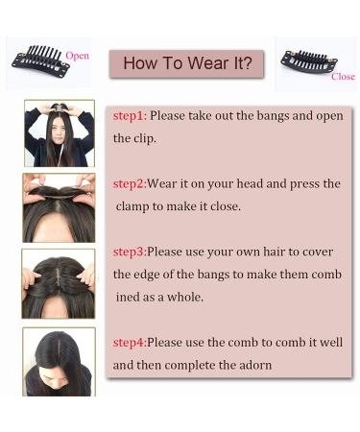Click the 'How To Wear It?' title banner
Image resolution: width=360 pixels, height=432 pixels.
(187, 64)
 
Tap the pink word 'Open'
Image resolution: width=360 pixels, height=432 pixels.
(78, 56)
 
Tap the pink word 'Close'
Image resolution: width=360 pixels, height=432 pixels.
(343, 77)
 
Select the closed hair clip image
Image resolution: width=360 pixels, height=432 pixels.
(308, 60)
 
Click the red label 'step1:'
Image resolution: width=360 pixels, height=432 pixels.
(130, 115)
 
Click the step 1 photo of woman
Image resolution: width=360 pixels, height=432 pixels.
(58, 133)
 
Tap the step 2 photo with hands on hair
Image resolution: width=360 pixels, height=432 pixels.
(58, 206)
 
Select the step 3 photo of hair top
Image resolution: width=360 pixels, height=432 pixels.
(58, 283)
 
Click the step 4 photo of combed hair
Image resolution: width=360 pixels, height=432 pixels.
(58, 362)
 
